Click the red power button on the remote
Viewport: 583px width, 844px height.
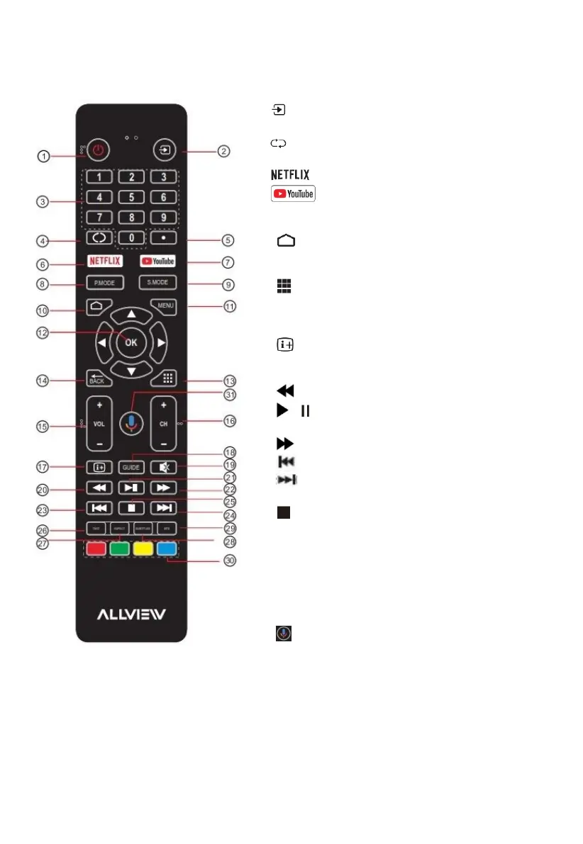[x=98, y=151]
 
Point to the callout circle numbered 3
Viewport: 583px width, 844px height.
[x=44, y=201]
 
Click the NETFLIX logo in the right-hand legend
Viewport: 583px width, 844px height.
[x=289, y=174]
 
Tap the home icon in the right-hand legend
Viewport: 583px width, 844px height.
[x=285, y=242]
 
